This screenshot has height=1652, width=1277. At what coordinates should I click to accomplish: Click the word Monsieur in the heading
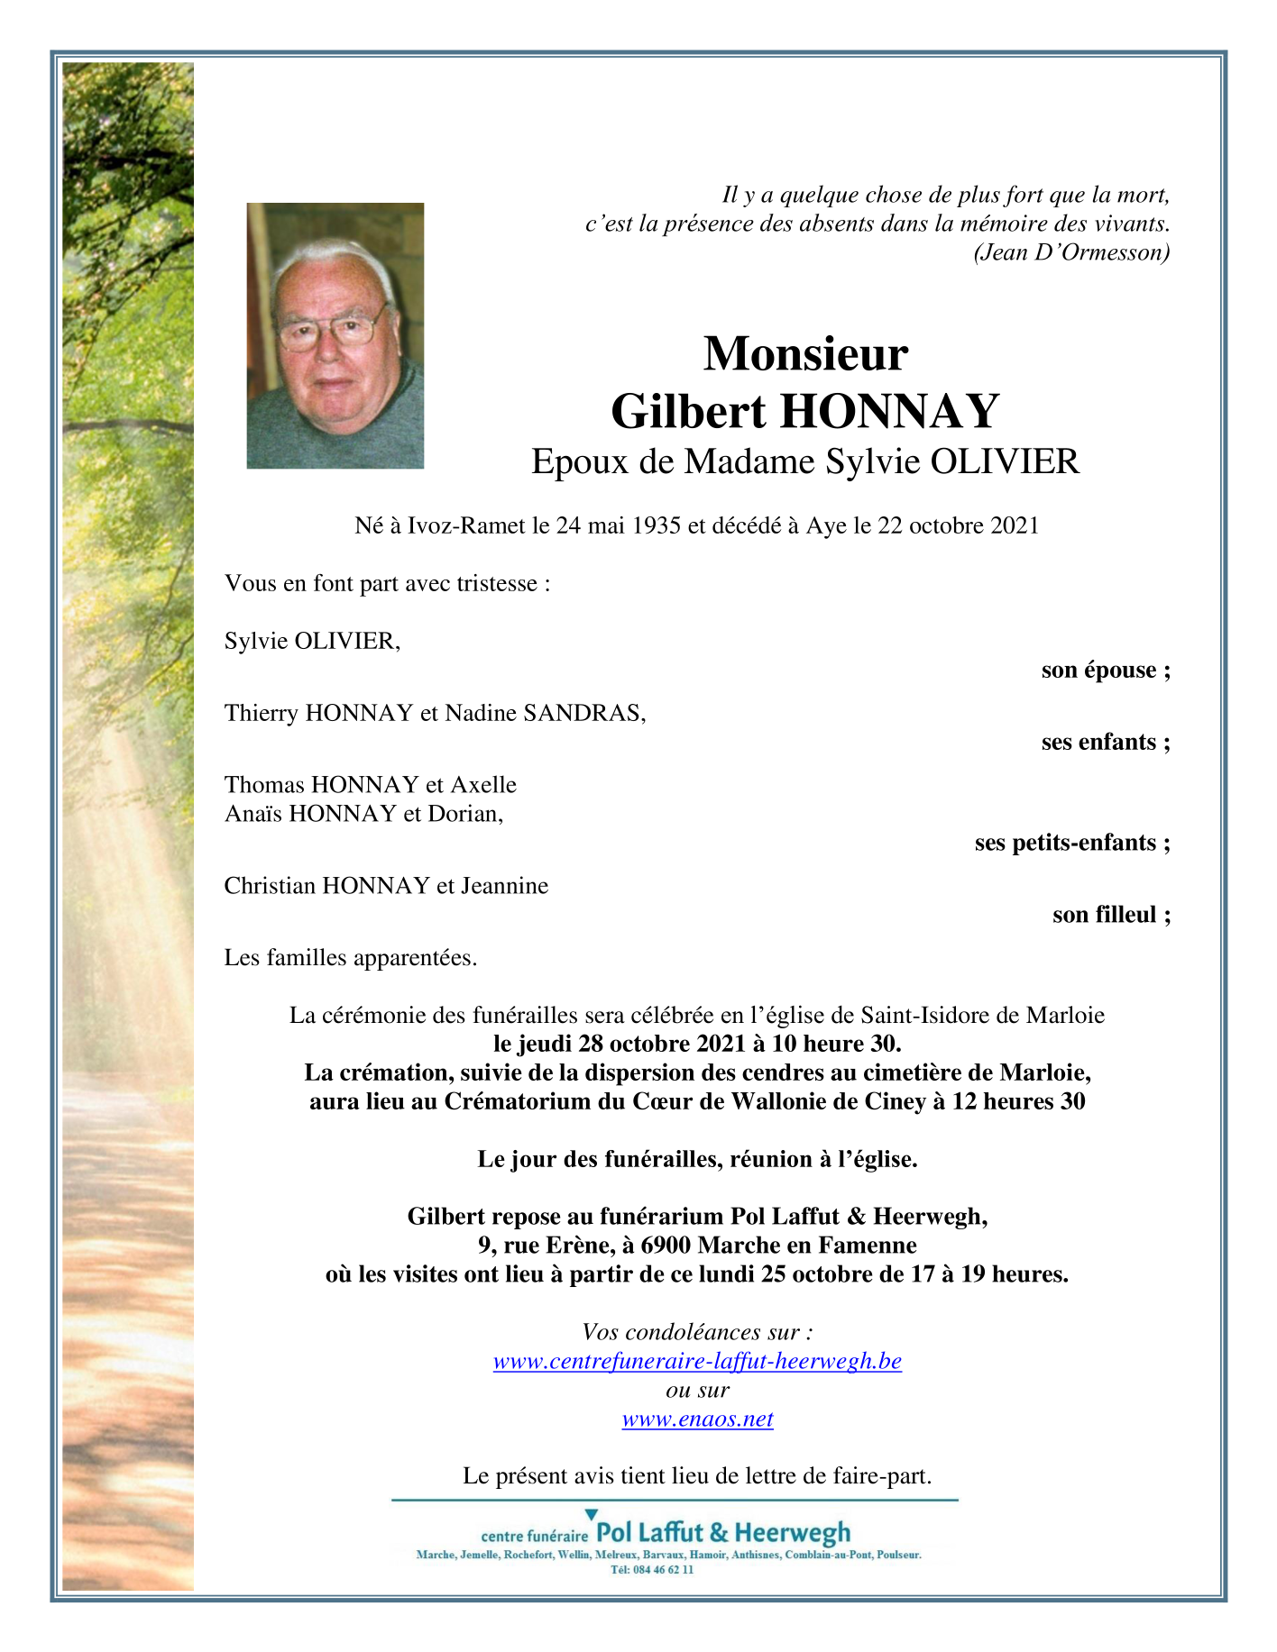804,353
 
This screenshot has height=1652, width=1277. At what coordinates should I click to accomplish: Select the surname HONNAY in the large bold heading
889,412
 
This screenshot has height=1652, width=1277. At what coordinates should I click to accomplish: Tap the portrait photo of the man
335,335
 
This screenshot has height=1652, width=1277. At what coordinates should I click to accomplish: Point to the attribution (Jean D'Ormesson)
1071,252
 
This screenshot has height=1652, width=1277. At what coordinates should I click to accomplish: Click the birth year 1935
657,525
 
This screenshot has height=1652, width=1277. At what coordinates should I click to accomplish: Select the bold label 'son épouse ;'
1106,670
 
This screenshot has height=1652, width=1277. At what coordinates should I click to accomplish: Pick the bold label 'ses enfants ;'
1106,742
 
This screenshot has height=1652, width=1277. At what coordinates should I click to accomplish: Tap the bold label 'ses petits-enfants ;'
1072,843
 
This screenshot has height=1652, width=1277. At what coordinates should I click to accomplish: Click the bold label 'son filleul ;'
1111,915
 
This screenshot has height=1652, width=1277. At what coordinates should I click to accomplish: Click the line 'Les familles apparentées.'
351,957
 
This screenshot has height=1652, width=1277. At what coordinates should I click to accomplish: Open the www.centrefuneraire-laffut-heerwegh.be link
697,1361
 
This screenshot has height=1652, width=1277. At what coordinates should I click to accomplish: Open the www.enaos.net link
697,1419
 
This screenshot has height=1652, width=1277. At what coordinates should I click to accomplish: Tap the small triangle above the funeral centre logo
592,1514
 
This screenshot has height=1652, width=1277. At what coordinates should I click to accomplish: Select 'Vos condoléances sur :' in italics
697,1332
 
